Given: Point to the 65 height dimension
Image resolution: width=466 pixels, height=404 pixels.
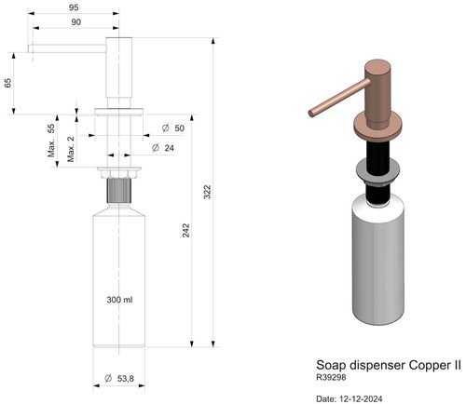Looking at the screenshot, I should pos(8,84).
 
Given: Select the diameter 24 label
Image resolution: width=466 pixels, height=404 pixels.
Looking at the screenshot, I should pos(171,148).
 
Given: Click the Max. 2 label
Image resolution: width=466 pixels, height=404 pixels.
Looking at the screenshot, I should pos(71,149).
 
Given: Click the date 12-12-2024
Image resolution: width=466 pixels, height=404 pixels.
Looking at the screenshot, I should pos(350,398).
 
